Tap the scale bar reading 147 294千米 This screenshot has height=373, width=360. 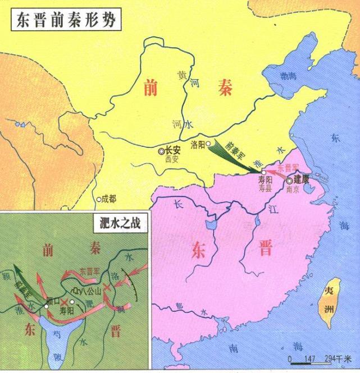coord(315,358)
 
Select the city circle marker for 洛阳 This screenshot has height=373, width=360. coord(209,144)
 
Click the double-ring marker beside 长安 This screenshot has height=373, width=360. coord(162,151)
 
